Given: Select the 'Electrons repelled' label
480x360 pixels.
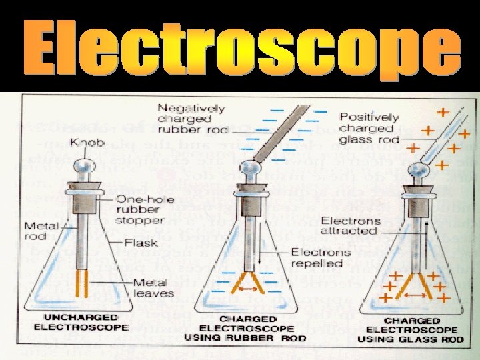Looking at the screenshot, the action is click(320, 258).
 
